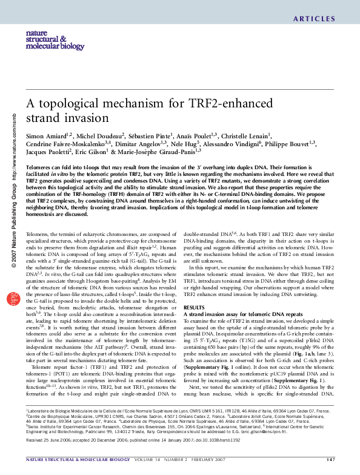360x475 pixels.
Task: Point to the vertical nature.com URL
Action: point(13,145)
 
